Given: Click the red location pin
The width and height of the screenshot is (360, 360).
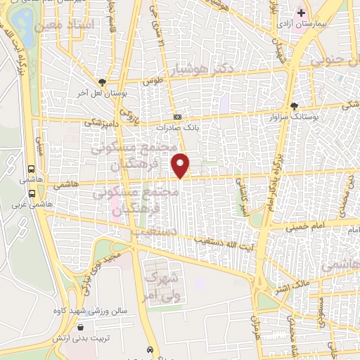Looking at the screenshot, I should point(181,165).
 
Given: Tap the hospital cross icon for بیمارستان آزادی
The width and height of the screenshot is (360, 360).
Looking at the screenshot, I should point(301,13).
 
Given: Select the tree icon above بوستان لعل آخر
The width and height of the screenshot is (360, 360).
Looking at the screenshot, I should point(103,81).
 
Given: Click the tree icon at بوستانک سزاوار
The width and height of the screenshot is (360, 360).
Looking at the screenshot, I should point(294,105).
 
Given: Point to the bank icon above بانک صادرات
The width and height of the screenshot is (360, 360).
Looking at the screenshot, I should point(176,117).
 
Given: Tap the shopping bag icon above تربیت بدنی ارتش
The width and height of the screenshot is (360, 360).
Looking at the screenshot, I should point(81,327).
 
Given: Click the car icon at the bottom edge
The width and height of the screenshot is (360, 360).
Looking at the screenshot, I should point(150,349).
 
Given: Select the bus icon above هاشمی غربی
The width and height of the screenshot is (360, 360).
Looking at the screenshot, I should point(31,169).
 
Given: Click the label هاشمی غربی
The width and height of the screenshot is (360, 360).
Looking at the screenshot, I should point(25,206).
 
